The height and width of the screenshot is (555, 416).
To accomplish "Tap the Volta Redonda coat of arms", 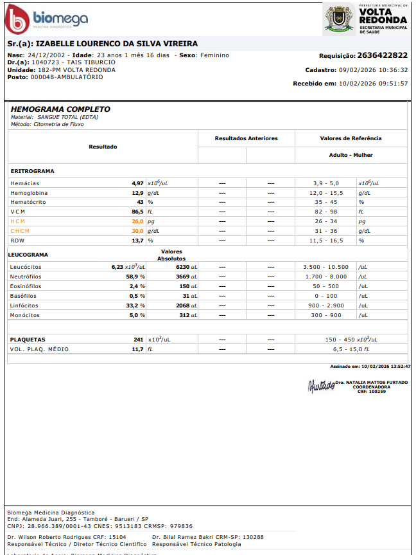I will pos(338,19).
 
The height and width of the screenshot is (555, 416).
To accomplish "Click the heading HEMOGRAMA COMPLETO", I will pos(60,109).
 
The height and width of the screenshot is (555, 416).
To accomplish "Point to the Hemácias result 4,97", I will pos(137,183).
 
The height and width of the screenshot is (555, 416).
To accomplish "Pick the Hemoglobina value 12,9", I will pos(137,193).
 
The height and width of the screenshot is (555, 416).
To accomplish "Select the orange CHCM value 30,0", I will pos(137,231).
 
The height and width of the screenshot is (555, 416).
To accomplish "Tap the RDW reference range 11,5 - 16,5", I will pos(325,241).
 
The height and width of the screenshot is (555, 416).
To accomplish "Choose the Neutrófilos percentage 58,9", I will pos(134,277).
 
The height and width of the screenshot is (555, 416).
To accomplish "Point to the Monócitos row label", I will pos(26,315).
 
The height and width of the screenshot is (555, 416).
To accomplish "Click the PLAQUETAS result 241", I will pos(138,340).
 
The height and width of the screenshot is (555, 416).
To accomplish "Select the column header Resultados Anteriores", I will pos(246,138).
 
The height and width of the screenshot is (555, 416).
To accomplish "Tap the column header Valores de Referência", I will pos(351,138).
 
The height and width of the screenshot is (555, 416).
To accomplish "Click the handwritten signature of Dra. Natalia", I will pos(321,386).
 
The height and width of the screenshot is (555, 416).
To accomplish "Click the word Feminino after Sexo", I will pos(214,55).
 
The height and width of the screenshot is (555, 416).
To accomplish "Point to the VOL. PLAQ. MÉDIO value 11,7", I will pos(137,349).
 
